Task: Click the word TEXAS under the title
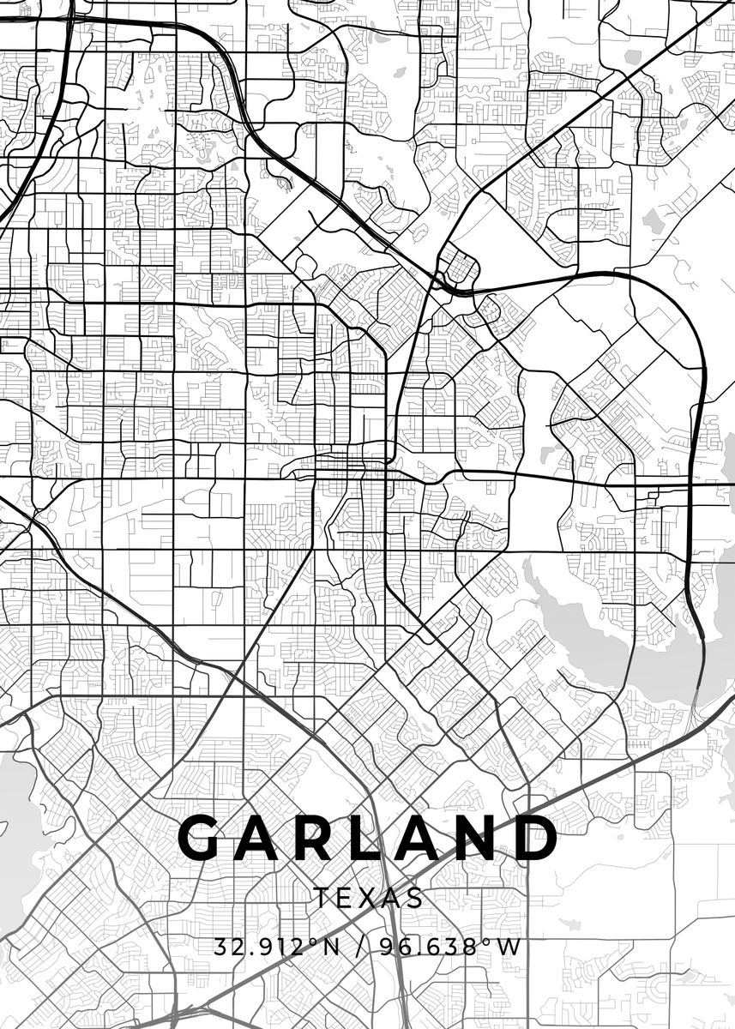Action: [x=368, y=898]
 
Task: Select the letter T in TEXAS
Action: [x=321, y=898]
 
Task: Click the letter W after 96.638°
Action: [x=510, y=948]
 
